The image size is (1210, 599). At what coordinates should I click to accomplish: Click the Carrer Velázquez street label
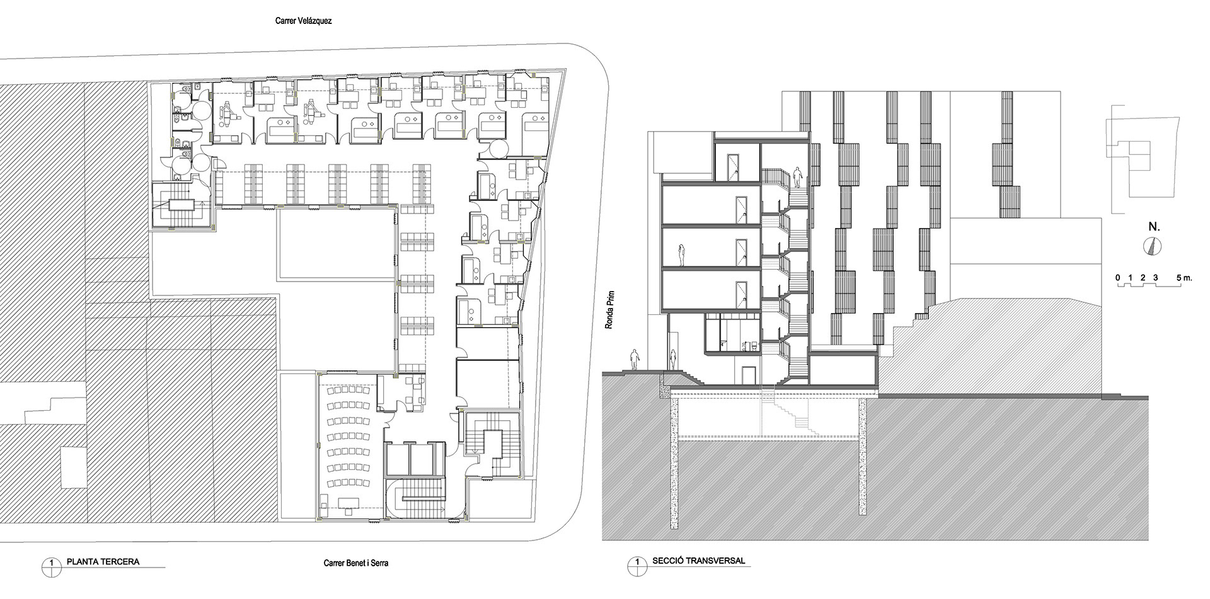(x=302, y=21)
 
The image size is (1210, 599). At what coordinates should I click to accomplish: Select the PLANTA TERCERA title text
(x=103, y=561)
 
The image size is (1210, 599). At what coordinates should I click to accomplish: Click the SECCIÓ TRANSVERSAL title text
(x=699, y=561)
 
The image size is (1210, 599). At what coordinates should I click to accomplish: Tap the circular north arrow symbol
(x=1152, y=247)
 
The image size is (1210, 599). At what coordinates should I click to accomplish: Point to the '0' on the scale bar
(x=1117, y=278)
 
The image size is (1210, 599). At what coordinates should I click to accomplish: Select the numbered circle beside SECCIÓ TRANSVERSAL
(x=637, y=566)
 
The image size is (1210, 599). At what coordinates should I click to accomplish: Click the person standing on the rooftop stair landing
(x=797, y=177)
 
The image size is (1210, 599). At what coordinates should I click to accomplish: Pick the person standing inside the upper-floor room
(x=681, y=256)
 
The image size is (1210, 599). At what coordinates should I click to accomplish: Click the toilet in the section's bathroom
(x=744, y=345)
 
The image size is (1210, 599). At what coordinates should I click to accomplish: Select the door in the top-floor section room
(x=734, y=168)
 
